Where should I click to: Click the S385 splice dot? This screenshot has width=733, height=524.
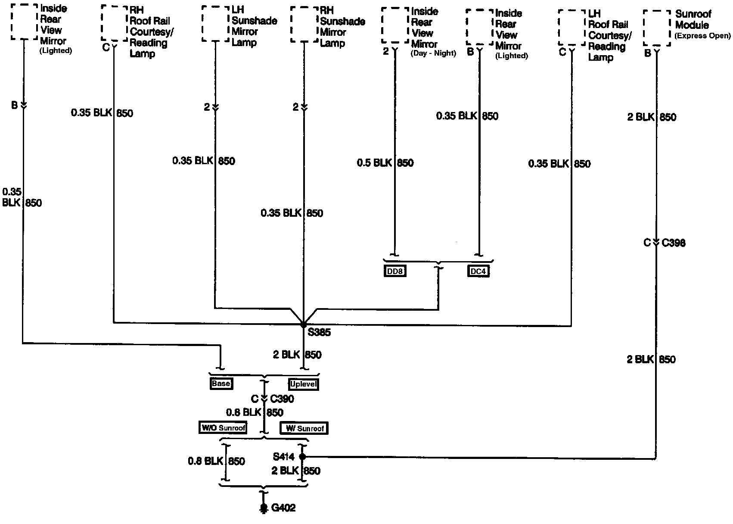pyautogui.click(x=304, y=324)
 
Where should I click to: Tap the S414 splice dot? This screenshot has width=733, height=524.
pyautogui.click(x=302, y=456)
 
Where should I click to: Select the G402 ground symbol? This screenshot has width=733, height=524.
pyautogui.click(x=264, y=508)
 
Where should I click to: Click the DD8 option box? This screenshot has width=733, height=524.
pyautogui.click(x=395, y=271)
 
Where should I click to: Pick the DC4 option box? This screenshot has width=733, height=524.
pyautogui.click(x=478, y=271)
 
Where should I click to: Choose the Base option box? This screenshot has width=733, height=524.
pyautogui.click(x=221, y=384)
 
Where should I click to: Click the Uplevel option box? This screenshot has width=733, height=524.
pyautogui.click(x=304, y=384)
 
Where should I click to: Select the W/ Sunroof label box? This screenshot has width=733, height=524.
pyautogui.click(x=304, y=428)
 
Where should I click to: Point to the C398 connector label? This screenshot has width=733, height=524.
pyautogui.click(x=674, y=243)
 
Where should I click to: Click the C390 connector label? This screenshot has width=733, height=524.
pyautogui.click(x=282, y=399)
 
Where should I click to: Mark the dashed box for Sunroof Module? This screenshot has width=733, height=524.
pyautogui.click(x=657, y=28)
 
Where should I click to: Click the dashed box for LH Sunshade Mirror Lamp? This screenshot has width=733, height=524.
pyautogui.click(x=215, y=24)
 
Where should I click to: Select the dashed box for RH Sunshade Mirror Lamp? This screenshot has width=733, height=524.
pyautogui.click(x=304, y=25)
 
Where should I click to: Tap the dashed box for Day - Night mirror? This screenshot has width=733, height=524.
pyautogui.click(x=395, y=26)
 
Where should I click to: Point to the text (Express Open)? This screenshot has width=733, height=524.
pyautogui.click(x=702, y=36)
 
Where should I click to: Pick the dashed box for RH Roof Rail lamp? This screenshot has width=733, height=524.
pyautogui.click(x=115, y=23)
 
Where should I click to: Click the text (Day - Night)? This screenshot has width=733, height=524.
pyautogui.click(x=433, y=53)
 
